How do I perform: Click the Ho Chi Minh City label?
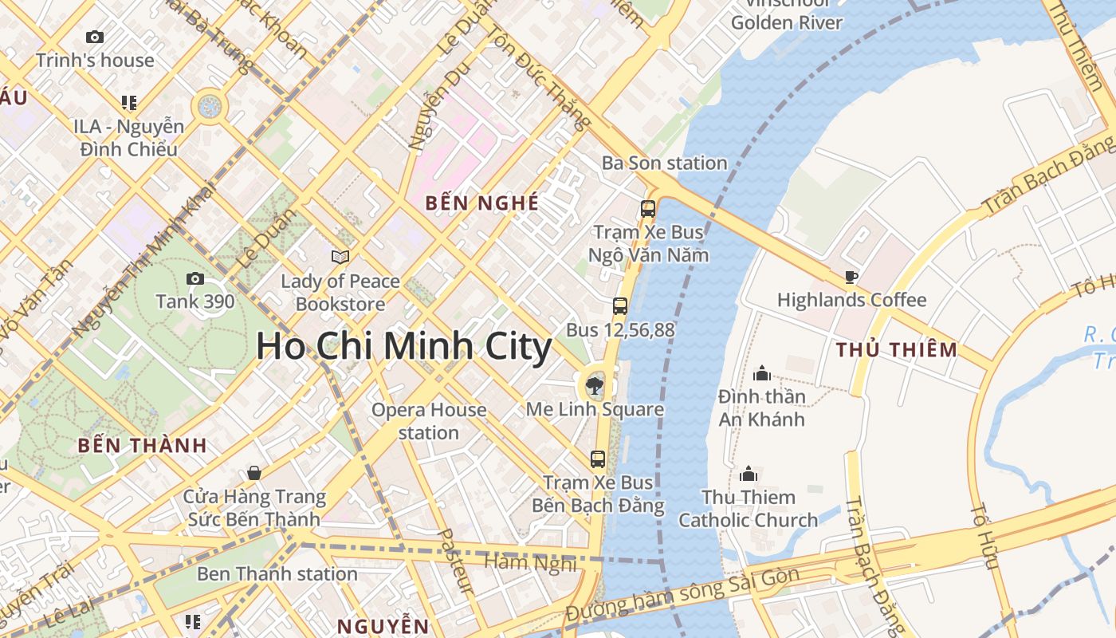tap(403, 347)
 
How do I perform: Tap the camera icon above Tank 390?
tap(195, 278)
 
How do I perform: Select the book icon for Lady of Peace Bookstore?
tap(340, 257)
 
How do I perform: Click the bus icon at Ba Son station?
tap(648, 209)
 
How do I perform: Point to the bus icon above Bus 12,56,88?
tap(619, 305)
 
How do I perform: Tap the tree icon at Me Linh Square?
tap(594, 387)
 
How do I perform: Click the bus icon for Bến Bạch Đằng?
tap(597, 459)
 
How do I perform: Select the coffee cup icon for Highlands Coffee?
tap(851, 277)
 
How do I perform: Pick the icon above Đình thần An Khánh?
tap(762, 373)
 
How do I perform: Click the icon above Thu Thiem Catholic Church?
tap(748, 474)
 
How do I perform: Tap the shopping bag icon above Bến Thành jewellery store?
tap(254, 473)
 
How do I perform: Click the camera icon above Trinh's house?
tap(94, 37)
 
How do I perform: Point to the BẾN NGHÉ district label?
tap(481, 203)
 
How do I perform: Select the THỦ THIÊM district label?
tap(896, 349)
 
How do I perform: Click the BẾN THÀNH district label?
tap(142, 446)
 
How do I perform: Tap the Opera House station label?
tap(429, 421)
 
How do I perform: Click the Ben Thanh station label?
tap(277, 573)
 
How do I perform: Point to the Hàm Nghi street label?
tap(530, 562)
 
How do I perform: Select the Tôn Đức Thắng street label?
tap(538, 76)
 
